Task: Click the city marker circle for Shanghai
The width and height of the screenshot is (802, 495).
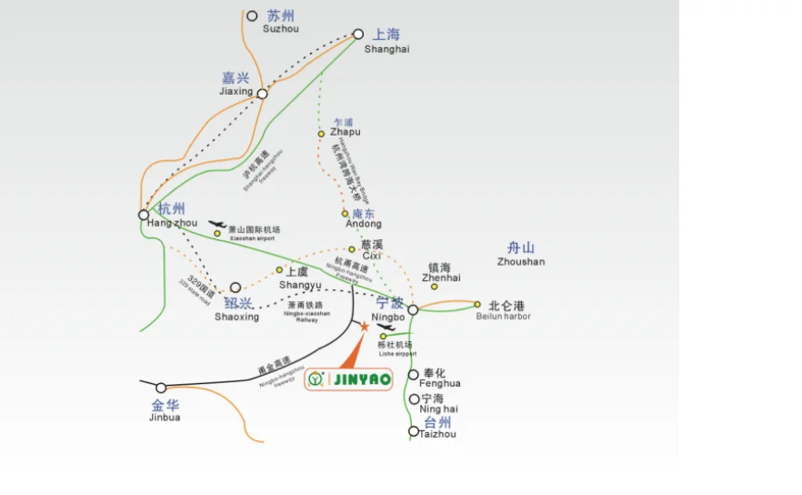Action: pyautogui.click(x=358, y=35)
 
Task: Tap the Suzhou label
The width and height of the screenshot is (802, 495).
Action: pyautogui.click(x=281, y=22)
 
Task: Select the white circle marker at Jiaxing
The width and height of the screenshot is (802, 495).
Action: pyautogui.click(x=262, y=94)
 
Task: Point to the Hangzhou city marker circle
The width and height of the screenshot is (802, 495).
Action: pyautogui.click(x=144, y=216)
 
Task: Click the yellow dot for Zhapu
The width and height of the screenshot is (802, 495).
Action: pyautogui.click(x=321, y=134)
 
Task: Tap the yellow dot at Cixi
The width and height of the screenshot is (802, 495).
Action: pyautogui.click(x=352, y=248)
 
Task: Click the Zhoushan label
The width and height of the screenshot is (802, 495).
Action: pyautogui.click(x=521, y=254)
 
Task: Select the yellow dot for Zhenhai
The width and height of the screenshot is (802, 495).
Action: pyautogui.click(x=435, y=288)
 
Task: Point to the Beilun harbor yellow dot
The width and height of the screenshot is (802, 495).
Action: pyautogui.click(x=477, y=305)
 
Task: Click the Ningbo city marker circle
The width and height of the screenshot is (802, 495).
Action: pyautogui.click(x=413, y=310)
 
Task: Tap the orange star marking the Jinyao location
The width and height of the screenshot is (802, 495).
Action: pyautogui.click(x=364, y=326)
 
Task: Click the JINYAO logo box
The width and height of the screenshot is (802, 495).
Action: pyautogui.click(x=349, y=379)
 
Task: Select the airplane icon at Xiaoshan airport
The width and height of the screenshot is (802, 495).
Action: pyautogui.click(x=216, y=224)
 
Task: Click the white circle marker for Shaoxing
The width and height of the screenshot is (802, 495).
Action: pyautogui.click(x=236, y=288)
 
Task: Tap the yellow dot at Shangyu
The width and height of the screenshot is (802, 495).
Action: pyautogui.click(x=279, y=269)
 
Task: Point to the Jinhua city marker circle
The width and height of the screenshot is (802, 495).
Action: pyautogui.click(x=161, y=389)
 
